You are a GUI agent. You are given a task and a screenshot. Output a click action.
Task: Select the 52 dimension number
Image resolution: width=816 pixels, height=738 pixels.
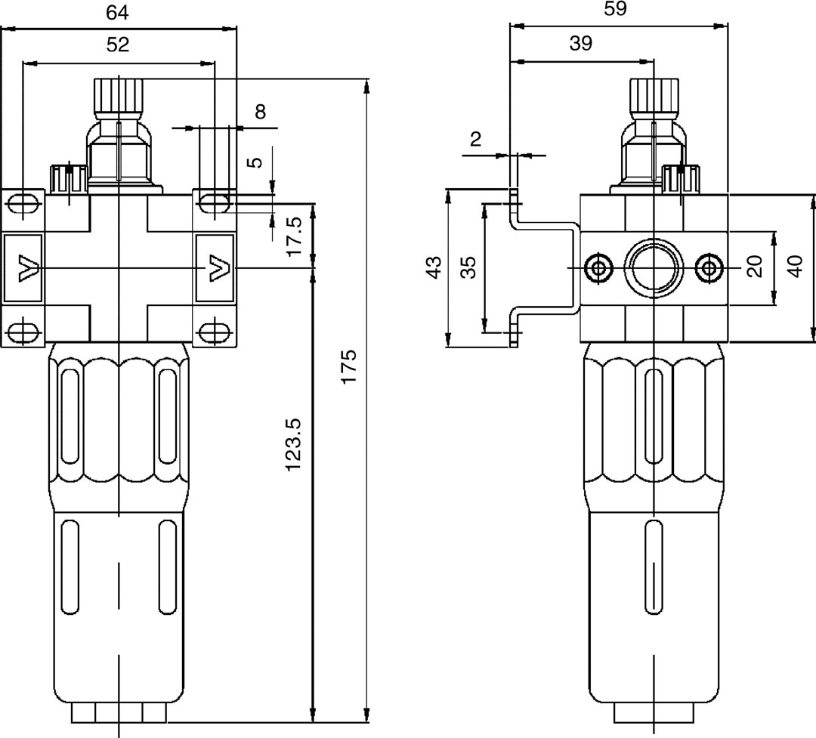click(117, 45)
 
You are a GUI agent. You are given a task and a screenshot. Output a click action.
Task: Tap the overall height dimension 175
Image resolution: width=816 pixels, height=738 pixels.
click(348, 366)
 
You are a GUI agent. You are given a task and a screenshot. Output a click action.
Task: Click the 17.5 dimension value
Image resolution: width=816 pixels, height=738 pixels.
click(295, 235)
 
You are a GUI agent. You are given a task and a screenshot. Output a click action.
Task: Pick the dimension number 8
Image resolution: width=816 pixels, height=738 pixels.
click(260, 113)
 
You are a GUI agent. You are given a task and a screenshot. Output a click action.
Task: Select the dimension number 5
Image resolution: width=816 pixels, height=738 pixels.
click(255, 161)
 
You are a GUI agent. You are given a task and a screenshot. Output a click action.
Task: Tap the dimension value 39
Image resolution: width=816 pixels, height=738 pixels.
click(580, 44)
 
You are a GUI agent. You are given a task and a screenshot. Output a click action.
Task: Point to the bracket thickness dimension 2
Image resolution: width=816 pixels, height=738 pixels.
click(475, 138)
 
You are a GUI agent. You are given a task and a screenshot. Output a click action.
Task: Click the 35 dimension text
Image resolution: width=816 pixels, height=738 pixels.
click(468, 267)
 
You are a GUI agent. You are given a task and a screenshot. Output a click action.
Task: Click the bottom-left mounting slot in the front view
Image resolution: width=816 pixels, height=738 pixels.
click(23, 331)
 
